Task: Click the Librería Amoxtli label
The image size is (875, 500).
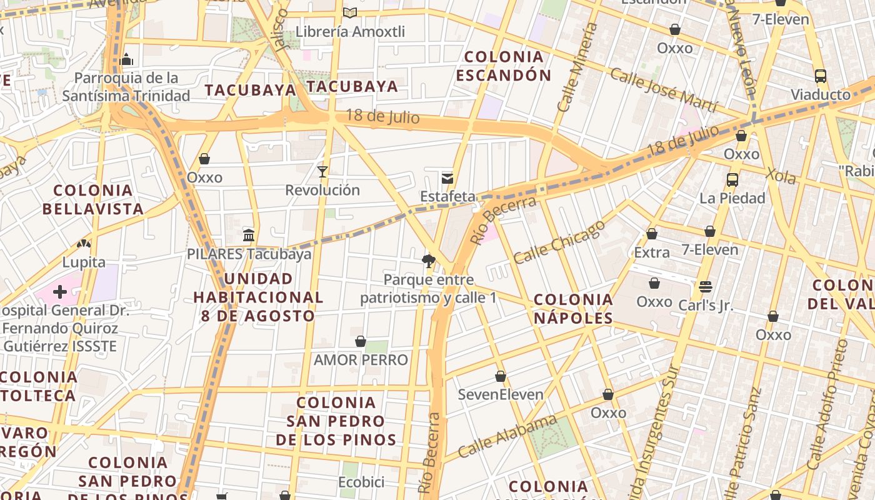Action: pos(350,31)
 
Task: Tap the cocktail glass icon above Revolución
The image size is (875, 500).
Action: pos(322,171)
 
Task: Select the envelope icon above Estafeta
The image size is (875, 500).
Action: pos(447,179)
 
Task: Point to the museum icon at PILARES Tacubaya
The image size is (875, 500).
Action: pos(249,236)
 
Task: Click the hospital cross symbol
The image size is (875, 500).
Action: pos(60,292)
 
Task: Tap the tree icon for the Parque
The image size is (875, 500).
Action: pos(428,261)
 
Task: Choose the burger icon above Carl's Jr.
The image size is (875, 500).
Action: pos(706,287)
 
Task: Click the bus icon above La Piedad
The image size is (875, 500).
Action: pos(732,180)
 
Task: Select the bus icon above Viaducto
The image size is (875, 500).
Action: pos(821,76)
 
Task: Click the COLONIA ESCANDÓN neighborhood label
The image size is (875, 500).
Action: pos(503,66)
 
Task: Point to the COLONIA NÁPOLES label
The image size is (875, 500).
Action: pos(573,309)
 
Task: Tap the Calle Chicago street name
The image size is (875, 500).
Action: pos(559,241)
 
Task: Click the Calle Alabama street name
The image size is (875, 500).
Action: pos(507,436)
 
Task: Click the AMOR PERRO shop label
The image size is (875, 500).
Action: pos(361,360)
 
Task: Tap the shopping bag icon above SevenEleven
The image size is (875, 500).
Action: pos(501,376)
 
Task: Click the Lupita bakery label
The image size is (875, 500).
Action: pos(84,262)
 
